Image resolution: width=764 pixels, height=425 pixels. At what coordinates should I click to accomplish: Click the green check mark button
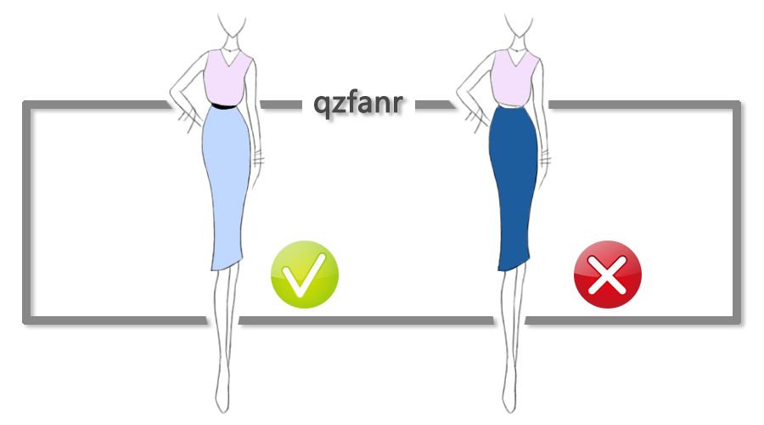point(304,274)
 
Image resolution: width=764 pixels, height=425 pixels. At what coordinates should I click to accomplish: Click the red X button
point(608,274)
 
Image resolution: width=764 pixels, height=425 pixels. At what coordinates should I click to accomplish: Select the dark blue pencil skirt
point(514,183)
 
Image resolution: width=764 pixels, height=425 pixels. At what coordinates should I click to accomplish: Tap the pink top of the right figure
point(514,76)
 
